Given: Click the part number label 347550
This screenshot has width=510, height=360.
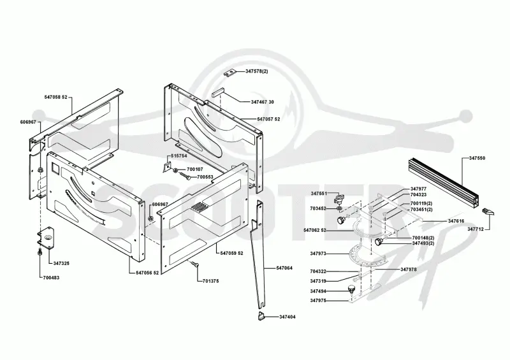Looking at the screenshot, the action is pos(477,158).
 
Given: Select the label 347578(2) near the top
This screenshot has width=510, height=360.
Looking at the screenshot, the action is pos(257,71).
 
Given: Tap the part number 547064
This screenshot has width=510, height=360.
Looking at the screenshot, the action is pos(284,268).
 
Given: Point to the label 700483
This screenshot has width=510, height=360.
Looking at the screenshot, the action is pos(51,278).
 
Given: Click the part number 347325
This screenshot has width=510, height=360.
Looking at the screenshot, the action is pos(61,263).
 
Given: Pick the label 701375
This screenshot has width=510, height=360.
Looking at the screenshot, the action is pos(210,281).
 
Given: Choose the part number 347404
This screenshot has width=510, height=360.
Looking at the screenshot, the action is pos(288,317).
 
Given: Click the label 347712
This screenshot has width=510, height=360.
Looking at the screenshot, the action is pos(476,229).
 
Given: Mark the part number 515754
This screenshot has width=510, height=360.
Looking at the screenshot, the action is pos(179,155).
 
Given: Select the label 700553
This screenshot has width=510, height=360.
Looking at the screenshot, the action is pos(205,177).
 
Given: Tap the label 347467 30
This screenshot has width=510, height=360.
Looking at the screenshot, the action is pos(263,102).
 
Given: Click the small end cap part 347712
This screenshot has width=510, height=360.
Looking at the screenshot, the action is pos(488,212).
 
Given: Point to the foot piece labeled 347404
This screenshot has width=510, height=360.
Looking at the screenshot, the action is pos(261,316).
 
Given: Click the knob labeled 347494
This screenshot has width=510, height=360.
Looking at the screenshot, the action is pos(351,289).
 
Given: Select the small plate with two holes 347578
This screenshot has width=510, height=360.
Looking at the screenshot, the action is pos(229,73).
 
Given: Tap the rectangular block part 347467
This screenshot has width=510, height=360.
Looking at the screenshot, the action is pos(217,93).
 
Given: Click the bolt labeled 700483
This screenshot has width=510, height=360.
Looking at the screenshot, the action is pos(39,252).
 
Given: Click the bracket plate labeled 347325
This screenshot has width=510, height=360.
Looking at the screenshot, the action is pos(45,238).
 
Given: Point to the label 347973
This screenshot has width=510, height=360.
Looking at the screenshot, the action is pos(318,254).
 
